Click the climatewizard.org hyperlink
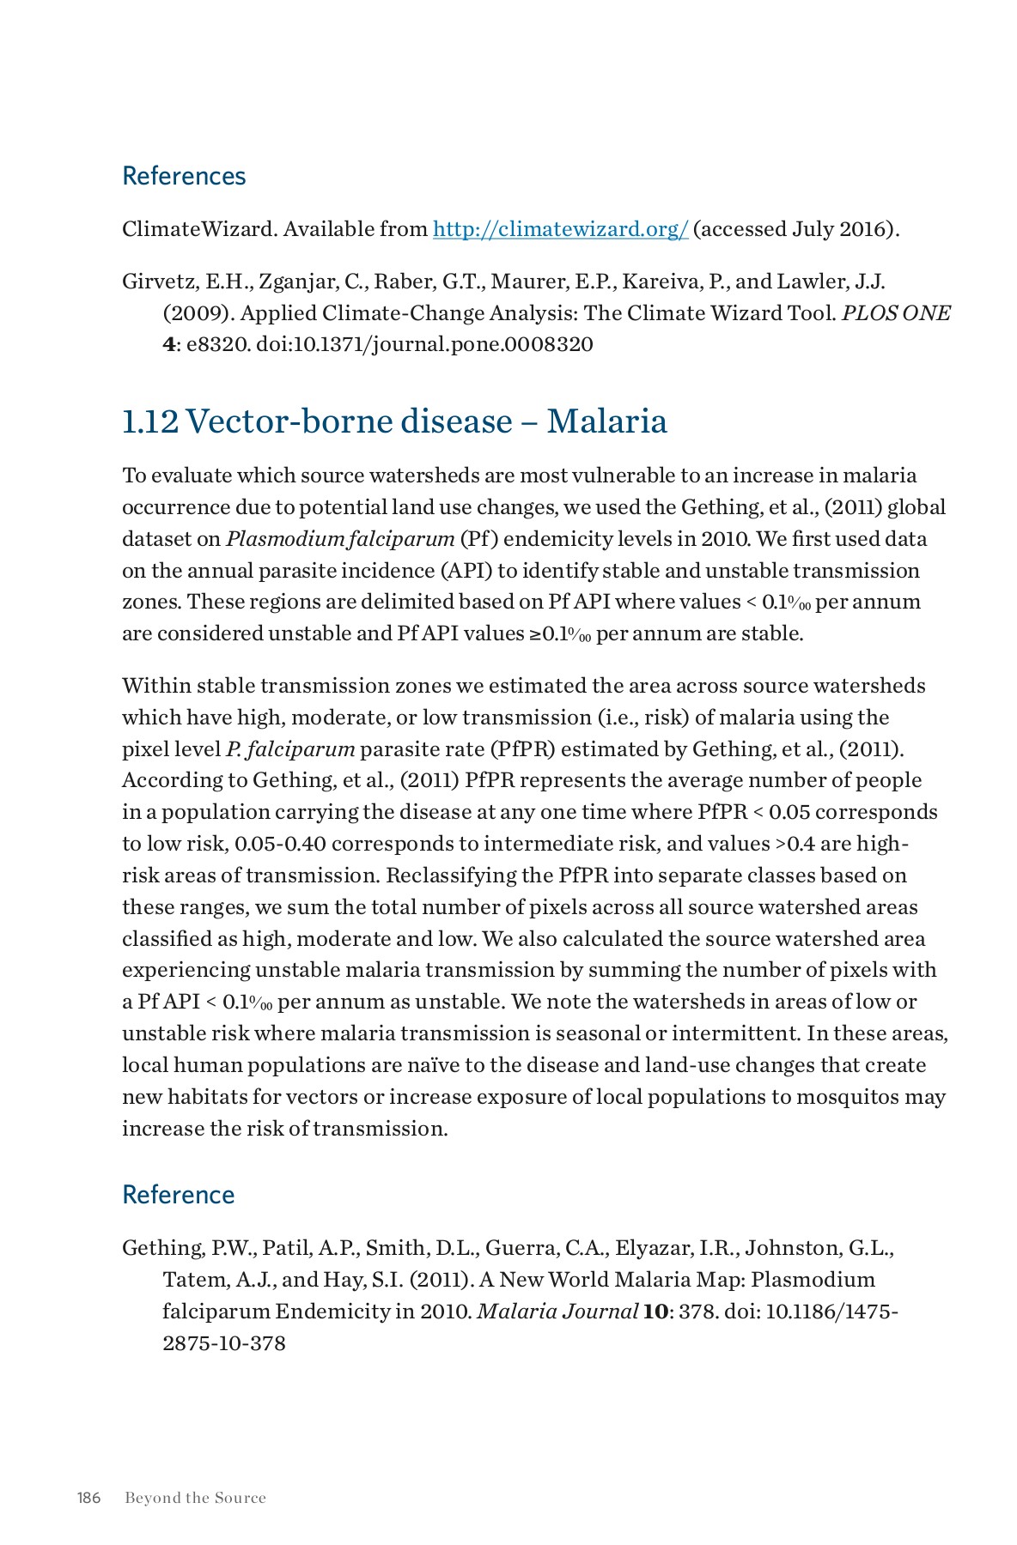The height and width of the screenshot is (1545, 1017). pyautogui.click(x=560, y=229)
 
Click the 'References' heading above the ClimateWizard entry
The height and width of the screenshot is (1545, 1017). pyautogui.click(x=184, y=176)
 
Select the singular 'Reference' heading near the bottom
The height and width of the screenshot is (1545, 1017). pyautogui.click(x=178, y=1195)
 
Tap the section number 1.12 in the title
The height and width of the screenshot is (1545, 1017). pyautogui.click(x=149, y=421)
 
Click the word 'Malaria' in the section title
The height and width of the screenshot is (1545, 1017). pyautogui.click(x=606, y=421)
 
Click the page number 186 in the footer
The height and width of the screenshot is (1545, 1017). pyautogui.click(x=88, y=1498)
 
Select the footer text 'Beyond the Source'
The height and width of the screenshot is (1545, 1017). pyautogui.click(x=195, y=1498)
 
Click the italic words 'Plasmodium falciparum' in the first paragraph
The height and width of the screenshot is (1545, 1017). pyautogui.click(x=340, y=539)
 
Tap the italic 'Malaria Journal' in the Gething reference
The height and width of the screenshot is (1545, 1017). pyautogui.click(x=557, y=1312)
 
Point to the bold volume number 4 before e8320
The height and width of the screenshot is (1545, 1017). pyautogui.click(x=168, y=345)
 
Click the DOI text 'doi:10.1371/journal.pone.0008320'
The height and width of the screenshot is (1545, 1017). pyautogui.click(x=424, y=345)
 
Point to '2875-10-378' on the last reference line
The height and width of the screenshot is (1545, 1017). pyautogui.click(x=223, y=1343)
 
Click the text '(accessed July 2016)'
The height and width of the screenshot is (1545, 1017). pyautogui.click(x=795, y=229)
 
